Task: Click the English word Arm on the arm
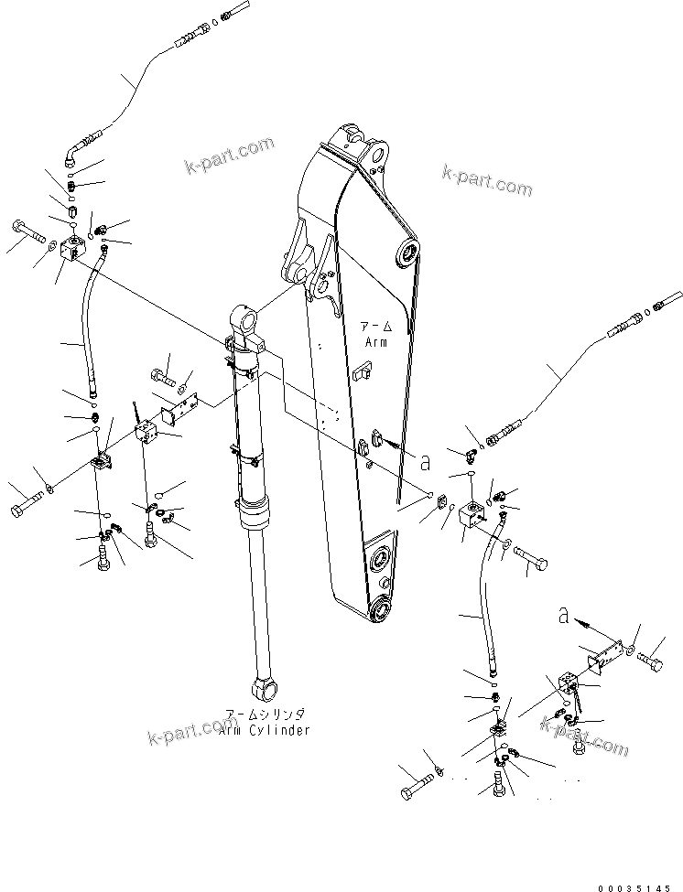pyautogui.click(x=376, y=341)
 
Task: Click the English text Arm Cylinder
pyautogui.click(x=266, y=730)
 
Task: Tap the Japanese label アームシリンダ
pyautogui.click(x=266, y=714)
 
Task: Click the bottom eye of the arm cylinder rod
pyautogui.click(x=266, y=685)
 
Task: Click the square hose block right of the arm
pyautogui.click(x=474, y=517)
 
